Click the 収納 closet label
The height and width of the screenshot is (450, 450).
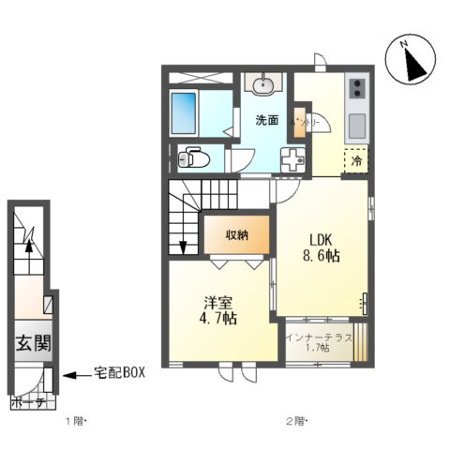pos(236,234)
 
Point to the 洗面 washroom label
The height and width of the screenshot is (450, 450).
pos(267,120)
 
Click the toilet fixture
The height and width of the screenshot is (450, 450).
pos(194,157)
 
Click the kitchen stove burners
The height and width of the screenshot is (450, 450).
pos(356,90)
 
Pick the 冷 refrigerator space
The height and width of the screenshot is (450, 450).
pos(356,161)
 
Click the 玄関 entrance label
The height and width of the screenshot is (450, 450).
pos(31,344)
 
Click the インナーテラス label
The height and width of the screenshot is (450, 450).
pos(321,337)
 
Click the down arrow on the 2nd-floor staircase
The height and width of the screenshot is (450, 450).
pos(183,246)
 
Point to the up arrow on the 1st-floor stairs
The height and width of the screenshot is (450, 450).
pos(29,247)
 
